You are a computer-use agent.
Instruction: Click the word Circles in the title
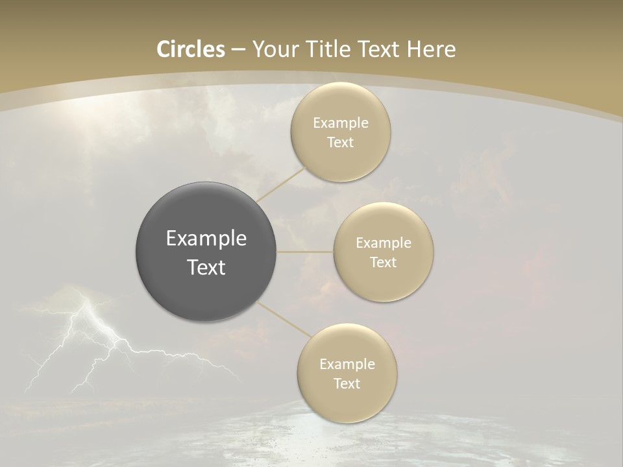[190, 49]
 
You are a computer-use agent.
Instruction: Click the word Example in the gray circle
[206, 239]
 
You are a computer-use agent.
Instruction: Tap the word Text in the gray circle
[206, 267]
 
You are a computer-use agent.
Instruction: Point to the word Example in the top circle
[341, 123]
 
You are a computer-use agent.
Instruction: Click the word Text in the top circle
[340, 143]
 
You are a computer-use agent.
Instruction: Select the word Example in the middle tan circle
[384, 243]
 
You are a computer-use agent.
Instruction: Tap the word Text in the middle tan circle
[383, 263]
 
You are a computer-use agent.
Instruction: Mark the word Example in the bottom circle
[347, 365]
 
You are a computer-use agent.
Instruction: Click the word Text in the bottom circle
[347, 384]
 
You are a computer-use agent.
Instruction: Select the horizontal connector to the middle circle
[305, 252]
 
